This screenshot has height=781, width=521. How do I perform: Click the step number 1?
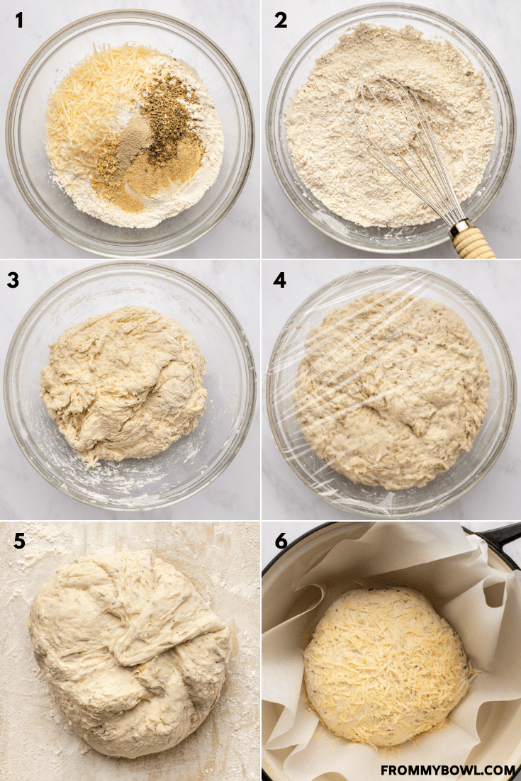click(x=19, y=21)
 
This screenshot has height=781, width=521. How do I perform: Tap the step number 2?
click(x=281, y=21)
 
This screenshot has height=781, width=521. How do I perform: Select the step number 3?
click(x=13, y=281)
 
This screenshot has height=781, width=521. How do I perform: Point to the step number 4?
click(x=279, y=281)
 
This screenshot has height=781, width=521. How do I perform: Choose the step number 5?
click(x=19, y=541)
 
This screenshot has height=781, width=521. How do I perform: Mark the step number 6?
click(x=281, y=541)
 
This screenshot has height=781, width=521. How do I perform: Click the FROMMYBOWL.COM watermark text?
click(x=448, y=770)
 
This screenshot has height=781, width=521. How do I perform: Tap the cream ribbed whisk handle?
click(x=474, y=242)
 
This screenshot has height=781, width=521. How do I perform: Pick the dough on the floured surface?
click(x=130, y=653)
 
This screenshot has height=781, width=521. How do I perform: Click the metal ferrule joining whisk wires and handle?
click(x=460, y=227)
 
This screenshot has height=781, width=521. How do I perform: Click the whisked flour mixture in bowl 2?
click(x=388, y=125)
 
